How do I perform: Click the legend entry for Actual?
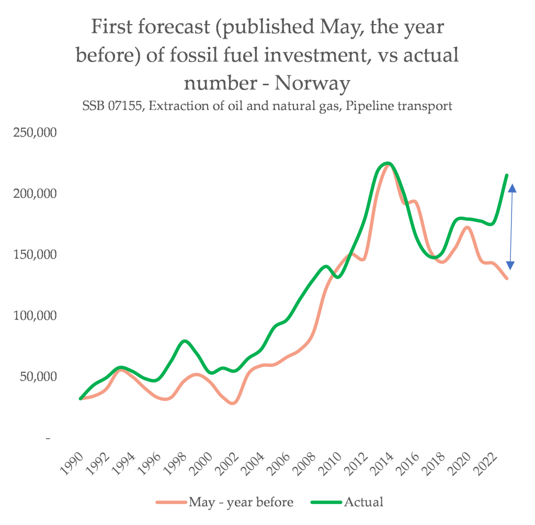pos(363,502)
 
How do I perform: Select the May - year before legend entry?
pos(241,502)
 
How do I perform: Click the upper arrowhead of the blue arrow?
pos(512,188)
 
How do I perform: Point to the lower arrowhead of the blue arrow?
pos(511,265)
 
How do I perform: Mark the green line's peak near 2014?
pos(388,163)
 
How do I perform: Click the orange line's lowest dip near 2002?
pos(233,403)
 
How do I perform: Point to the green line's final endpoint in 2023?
pos(507,175)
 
